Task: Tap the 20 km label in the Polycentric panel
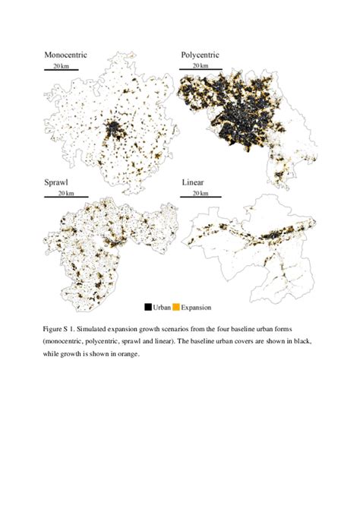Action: point(199,66)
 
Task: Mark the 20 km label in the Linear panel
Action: point(199,194)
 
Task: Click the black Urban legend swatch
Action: point(147,307)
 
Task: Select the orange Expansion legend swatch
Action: point(175,307)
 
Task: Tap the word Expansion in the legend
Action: point(195,307)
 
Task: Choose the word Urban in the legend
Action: point(161,307)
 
